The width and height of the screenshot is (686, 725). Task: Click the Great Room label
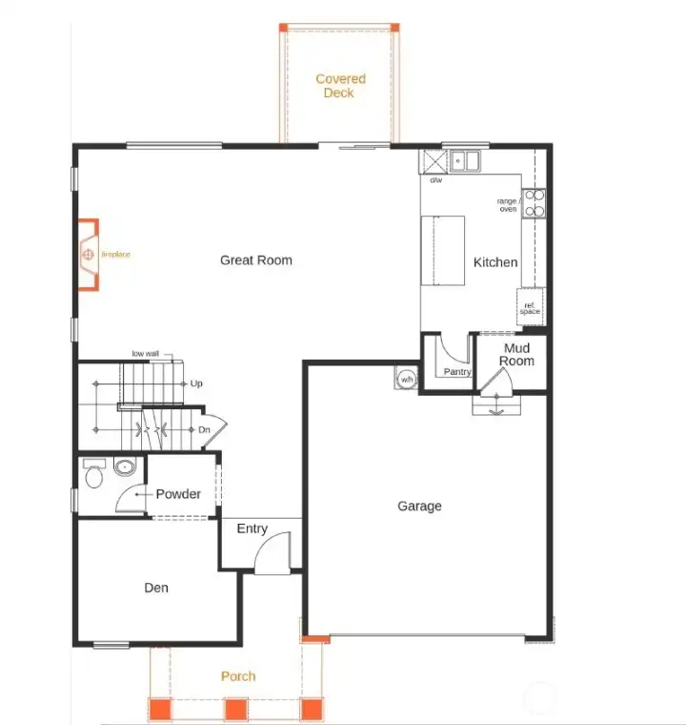pos(256,260)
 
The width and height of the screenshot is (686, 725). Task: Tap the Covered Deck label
pos(340,86)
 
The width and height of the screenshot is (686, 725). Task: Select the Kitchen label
pos(495,262)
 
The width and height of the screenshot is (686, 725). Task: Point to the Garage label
pos(419,506)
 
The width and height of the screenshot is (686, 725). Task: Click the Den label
pos(156,588)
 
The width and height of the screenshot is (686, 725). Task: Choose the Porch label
pos(238,676)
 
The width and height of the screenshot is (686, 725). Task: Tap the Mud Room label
pos(516,355)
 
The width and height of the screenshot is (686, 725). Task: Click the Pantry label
pos(457,372)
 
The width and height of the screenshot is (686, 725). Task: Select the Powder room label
pos(178,494)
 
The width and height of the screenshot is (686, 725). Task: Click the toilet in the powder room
pos(94,473)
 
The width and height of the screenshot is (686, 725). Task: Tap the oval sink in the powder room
pos(125,467)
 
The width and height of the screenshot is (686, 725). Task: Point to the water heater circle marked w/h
pos(407,379)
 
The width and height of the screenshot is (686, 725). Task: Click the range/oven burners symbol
pos(534,203)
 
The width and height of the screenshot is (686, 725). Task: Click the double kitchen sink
pos(465,161)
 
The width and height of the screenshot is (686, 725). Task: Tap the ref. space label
pos(530,308)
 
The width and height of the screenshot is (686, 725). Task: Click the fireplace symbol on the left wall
pos(89,255)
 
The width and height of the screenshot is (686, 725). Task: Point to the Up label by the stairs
pos(196,383)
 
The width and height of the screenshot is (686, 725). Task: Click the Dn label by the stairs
pos(204,429)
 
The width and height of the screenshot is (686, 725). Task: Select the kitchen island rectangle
pos(442,251)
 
